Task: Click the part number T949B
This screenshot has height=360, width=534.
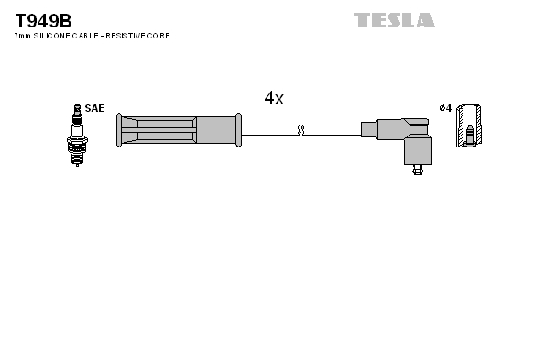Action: [x=42, y=19]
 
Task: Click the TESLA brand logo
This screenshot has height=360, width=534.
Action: [x=395, y=19]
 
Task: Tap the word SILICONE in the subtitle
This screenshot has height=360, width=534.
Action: [x=53, y=36]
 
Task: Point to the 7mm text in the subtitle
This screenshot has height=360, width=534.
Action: [x=22, y=36]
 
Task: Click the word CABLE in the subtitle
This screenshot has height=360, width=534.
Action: [x=86, y=36]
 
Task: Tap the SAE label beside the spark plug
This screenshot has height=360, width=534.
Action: [x=93, y=108]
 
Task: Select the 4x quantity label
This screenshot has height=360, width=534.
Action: [x=274, y=99]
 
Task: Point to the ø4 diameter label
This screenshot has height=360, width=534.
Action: [x=444, y=108]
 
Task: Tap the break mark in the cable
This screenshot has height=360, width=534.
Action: [x=301, y=130]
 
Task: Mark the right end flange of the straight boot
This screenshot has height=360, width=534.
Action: [x=238, y=130]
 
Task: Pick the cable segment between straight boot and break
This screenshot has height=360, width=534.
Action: [x=270, y=130]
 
